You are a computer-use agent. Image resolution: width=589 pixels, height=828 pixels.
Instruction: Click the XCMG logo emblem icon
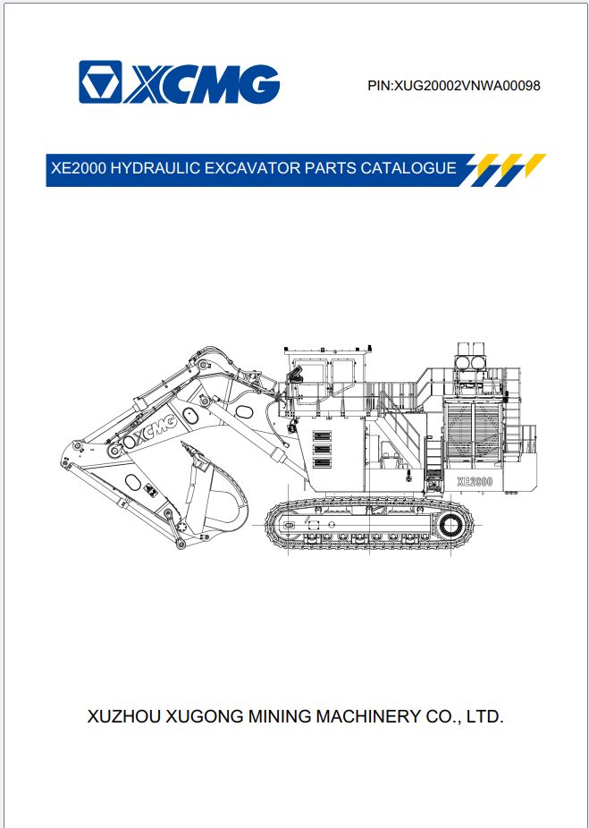(100, 82)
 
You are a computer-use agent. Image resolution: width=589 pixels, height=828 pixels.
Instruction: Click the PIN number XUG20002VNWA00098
(467, 86)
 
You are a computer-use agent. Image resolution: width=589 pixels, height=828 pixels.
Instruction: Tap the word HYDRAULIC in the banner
(156, 168)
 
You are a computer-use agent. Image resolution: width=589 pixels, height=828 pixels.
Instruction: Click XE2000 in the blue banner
(79, 168)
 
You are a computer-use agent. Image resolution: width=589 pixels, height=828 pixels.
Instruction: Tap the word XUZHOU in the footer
(124, 716)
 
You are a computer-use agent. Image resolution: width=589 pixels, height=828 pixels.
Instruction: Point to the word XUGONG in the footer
(205, 716)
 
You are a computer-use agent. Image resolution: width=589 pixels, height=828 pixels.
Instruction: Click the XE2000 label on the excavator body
(475, 481)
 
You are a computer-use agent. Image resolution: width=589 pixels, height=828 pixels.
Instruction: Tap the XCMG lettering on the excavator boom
(156, 429)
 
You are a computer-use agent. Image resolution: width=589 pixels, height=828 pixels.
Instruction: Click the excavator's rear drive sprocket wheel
(451, 524)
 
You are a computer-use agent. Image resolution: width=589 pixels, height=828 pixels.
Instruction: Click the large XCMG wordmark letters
(203, 83)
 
